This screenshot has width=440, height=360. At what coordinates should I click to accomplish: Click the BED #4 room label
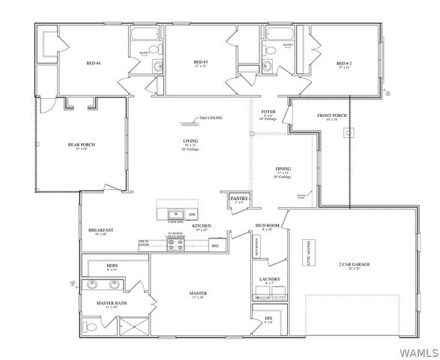(x=93, y=62)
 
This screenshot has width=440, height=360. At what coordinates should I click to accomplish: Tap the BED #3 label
(x=200, y=61)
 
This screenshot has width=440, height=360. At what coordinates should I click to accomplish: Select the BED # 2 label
(x=343, y=63)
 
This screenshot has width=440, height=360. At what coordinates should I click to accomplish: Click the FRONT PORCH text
(x=331, y=115)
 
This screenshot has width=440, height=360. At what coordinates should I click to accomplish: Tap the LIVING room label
(x=190, y=141)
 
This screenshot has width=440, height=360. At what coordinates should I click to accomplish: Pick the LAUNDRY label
(x=270, y=279)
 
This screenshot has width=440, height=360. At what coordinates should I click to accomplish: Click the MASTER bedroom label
(x=198, y=293)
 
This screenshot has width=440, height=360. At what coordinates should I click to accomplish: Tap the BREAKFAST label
(x=100, y=230)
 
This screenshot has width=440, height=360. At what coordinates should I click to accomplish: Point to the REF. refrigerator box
(x=214, y=245)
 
